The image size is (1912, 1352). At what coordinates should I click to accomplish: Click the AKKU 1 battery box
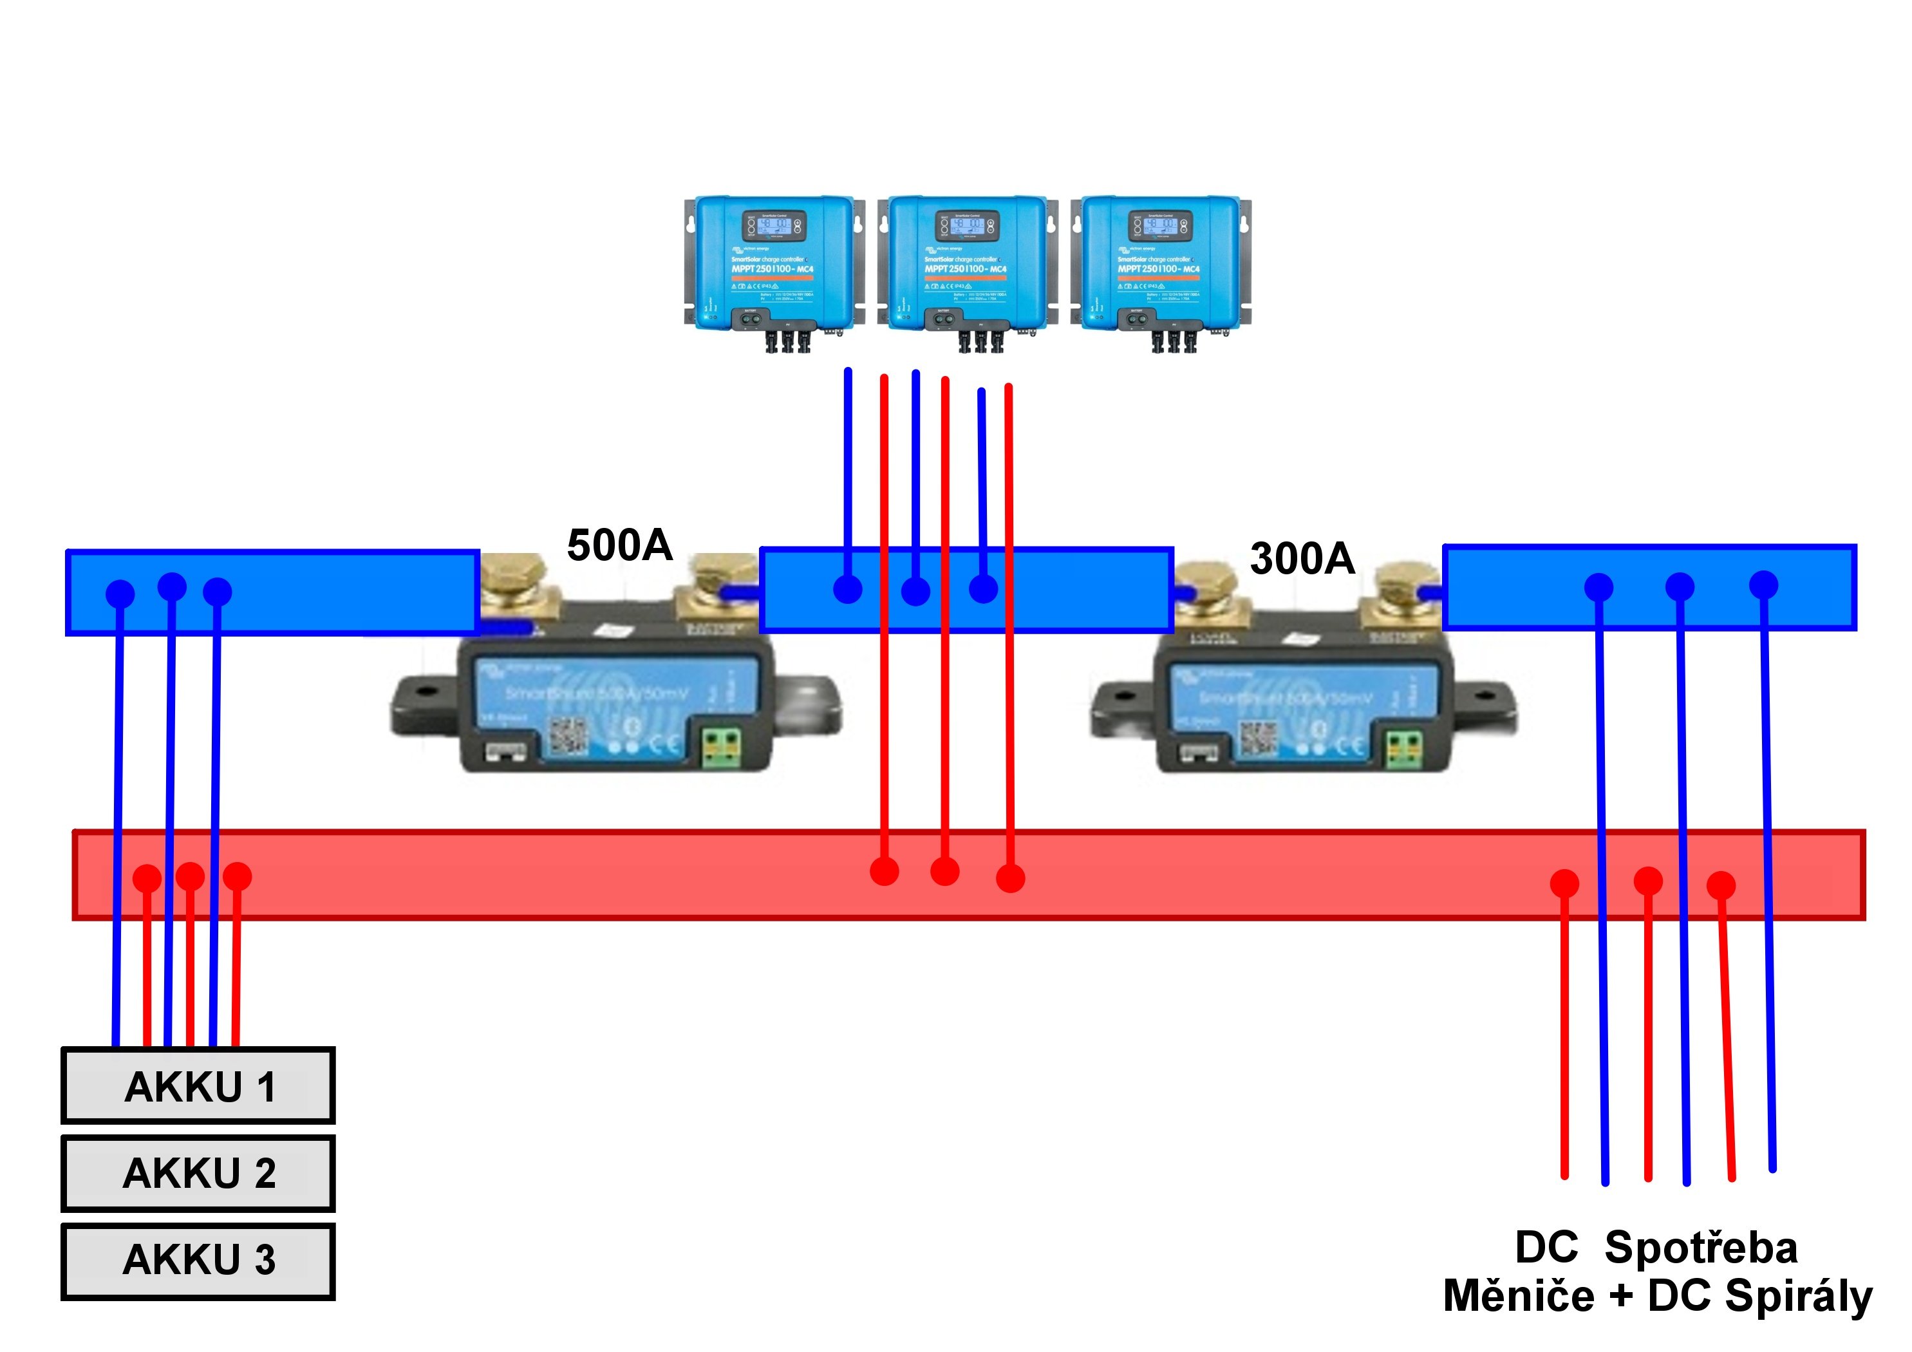198,1085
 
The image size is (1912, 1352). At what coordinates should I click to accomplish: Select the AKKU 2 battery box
198,1173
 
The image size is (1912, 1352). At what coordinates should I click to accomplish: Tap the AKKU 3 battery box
198,1261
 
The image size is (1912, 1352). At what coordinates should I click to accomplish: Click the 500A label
619,546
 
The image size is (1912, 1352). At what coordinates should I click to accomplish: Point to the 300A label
1302,558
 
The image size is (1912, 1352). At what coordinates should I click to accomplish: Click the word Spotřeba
1701,1248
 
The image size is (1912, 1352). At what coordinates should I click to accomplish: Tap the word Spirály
1798,1296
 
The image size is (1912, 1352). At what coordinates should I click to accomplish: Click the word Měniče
1518,1296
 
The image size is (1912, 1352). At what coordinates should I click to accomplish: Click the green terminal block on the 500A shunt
721,747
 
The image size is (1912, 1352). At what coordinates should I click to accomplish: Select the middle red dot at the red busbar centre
944,871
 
